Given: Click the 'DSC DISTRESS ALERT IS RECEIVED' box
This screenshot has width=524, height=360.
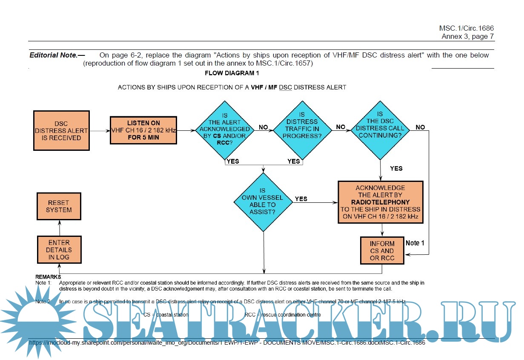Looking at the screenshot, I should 61,130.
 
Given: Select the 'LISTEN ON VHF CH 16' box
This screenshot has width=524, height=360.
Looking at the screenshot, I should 143,130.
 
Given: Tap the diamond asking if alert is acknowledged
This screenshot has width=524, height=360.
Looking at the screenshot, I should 225,129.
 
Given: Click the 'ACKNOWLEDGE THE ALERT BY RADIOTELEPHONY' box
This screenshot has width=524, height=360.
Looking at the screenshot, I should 381,202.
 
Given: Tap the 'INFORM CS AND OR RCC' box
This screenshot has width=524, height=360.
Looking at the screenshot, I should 382,251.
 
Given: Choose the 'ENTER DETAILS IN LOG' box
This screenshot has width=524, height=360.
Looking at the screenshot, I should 59,250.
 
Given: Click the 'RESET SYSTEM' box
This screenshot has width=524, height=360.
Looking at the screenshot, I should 59,206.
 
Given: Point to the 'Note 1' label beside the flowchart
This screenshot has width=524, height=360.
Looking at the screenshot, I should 415,243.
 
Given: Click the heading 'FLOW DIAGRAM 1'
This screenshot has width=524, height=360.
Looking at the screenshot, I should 232,73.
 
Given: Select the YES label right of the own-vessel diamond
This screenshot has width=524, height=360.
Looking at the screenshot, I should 301,199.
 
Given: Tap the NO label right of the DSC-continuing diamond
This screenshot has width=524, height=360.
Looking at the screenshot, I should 420,127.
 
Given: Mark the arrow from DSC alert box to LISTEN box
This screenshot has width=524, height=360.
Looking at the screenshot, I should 100,131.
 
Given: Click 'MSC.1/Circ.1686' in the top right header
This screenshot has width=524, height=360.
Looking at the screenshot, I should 466,29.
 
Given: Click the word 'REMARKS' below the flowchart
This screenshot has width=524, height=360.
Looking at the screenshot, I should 47,277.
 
